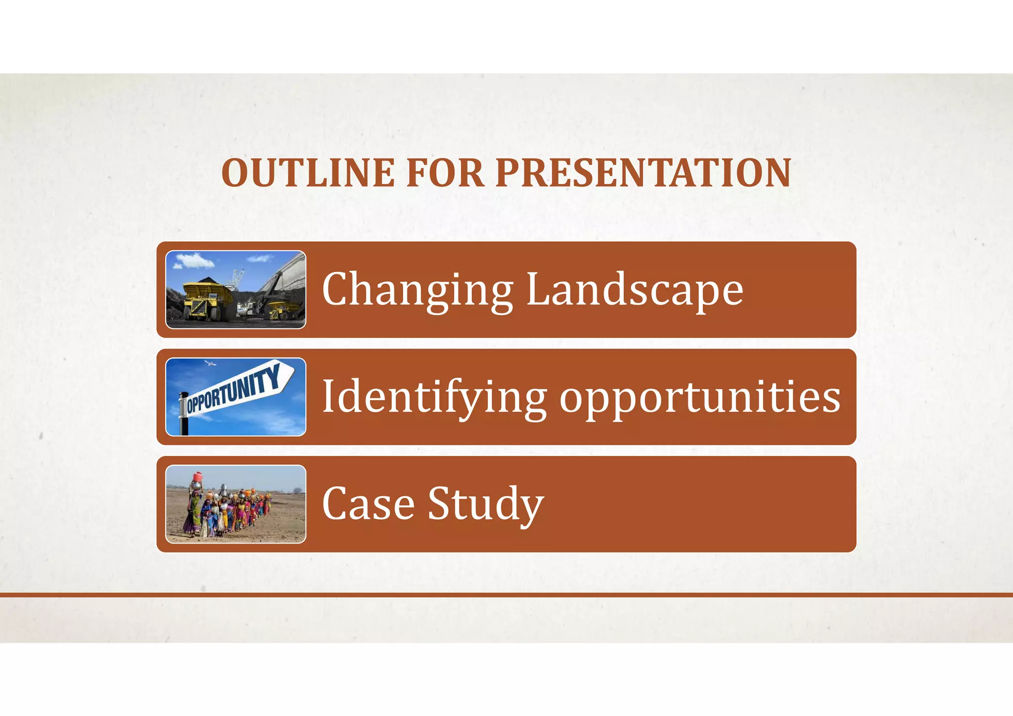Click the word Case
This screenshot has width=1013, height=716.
(368, 504)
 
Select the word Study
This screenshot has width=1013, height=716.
(486, 505)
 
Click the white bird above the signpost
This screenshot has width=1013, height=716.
(211, 363)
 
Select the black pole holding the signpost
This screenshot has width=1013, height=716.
(184, 423)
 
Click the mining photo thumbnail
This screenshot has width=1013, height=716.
(235, 290)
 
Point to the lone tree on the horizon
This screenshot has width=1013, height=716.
(297, 490)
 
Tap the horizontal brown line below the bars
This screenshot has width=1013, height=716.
(506, 595)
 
